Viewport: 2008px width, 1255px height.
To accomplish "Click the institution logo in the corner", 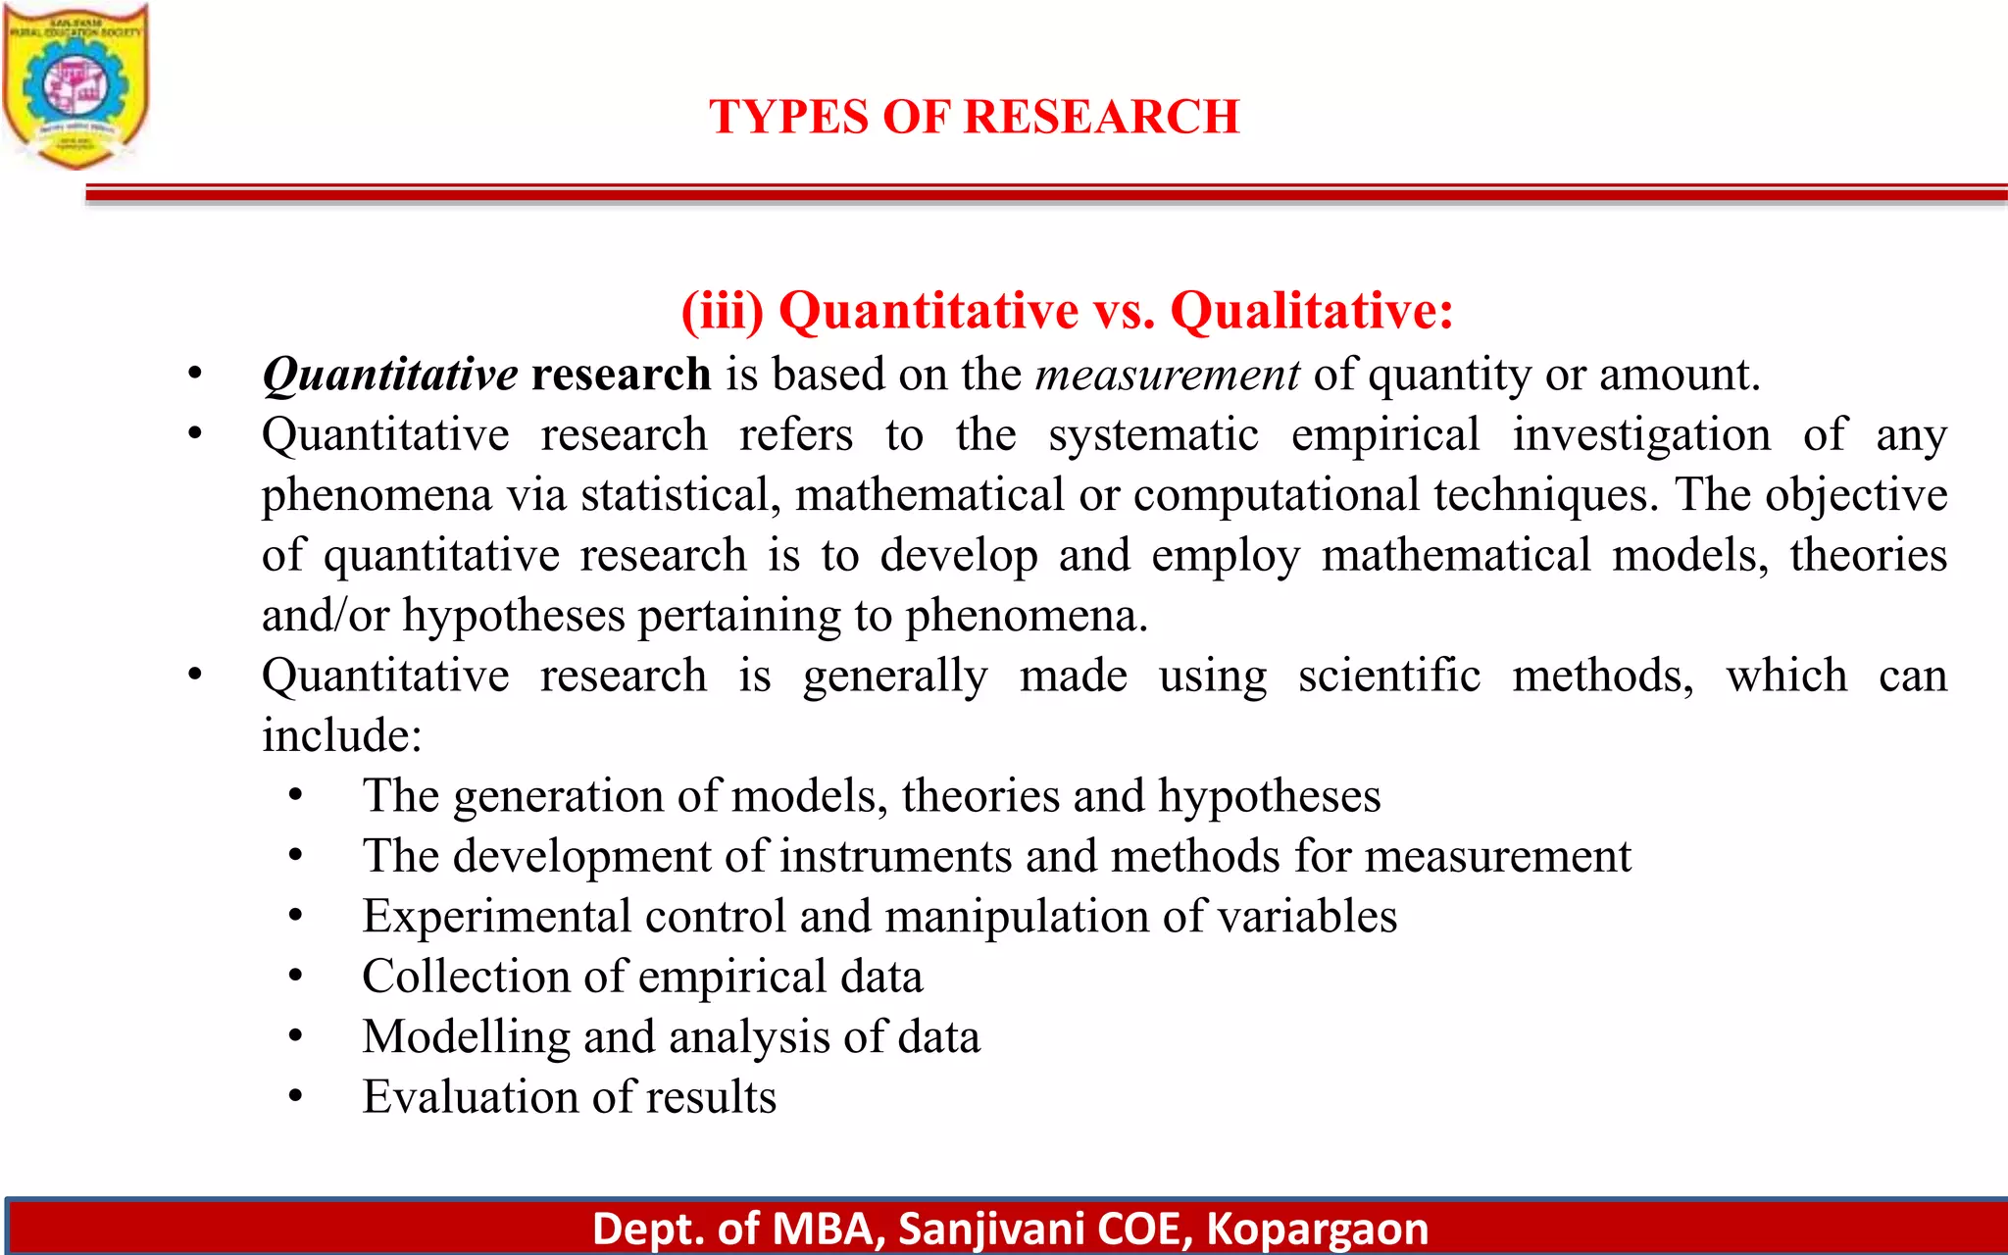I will pyautogui.click(x=75, y=86).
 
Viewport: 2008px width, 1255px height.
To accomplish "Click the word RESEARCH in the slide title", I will pyautogui.click(x=1102, y=117).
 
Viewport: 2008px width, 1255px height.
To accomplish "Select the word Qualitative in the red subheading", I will pyautogui.click(x=1311, y=311).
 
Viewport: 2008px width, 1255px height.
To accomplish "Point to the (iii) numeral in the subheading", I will pyautogui.click(x=723, y=311).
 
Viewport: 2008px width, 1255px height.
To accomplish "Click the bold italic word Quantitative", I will pyautogui.click(x=389, y=375).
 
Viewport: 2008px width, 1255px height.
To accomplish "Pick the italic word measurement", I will pyautogui.click(x=1167, y=375).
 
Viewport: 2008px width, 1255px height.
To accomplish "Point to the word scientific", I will pyautogui.click(x=1388, y=676).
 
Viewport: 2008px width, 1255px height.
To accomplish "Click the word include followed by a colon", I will pyautogui.click(x=340, y=735).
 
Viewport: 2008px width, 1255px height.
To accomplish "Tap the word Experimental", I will pyautogui.click(x=496, y=917).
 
